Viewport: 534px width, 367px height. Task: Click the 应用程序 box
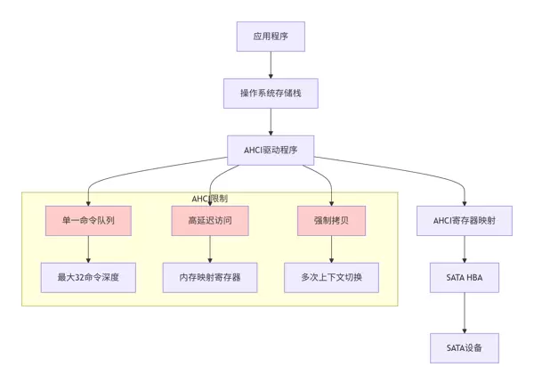pos(270,37)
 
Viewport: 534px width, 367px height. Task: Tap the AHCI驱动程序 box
pos(270,150)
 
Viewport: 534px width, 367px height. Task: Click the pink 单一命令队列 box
pos(88,220)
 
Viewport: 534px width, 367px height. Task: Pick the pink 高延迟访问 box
pos(209,220)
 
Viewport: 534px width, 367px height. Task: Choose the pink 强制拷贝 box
pos(331,220)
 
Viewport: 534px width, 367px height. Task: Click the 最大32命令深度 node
pos(88,277)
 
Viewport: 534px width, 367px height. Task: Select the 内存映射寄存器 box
pos(209,277)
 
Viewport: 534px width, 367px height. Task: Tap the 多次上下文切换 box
pos(331,277)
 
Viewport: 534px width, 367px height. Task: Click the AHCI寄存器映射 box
pos(465,220)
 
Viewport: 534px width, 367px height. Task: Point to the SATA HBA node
pos(465,277)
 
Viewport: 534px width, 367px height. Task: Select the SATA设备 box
pos(465,347)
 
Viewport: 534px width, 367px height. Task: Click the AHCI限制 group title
pos(209,198)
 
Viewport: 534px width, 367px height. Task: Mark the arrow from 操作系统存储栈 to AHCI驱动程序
pos(270,121)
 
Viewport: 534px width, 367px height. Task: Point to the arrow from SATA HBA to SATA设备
pos(465,312)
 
